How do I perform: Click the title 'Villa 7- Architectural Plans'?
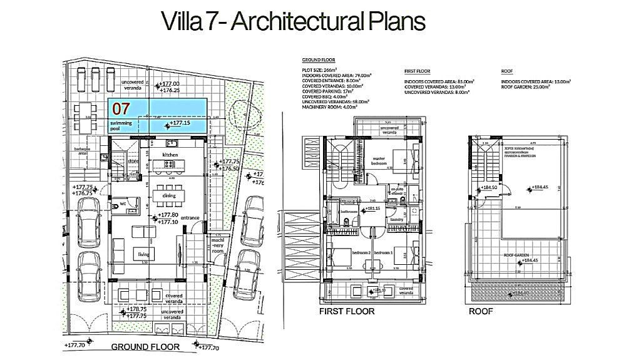pyautogui.click(x=294, y=21)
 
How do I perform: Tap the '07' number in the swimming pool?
pyautogui.click(x=121, y=108)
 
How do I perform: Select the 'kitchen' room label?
pyautogui.click(x=170, y=154)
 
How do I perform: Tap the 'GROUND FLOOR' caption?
pyautogui.click(x=145, y=346)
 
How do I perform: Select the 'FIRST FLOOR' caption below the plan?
pyautogui.click(x=347, y=311)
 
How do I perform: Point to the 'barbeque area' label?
pyautogui.click(x=82, y=150)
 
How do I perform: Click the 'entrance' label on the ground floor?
pyautogui.click(x=190, y=217)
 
